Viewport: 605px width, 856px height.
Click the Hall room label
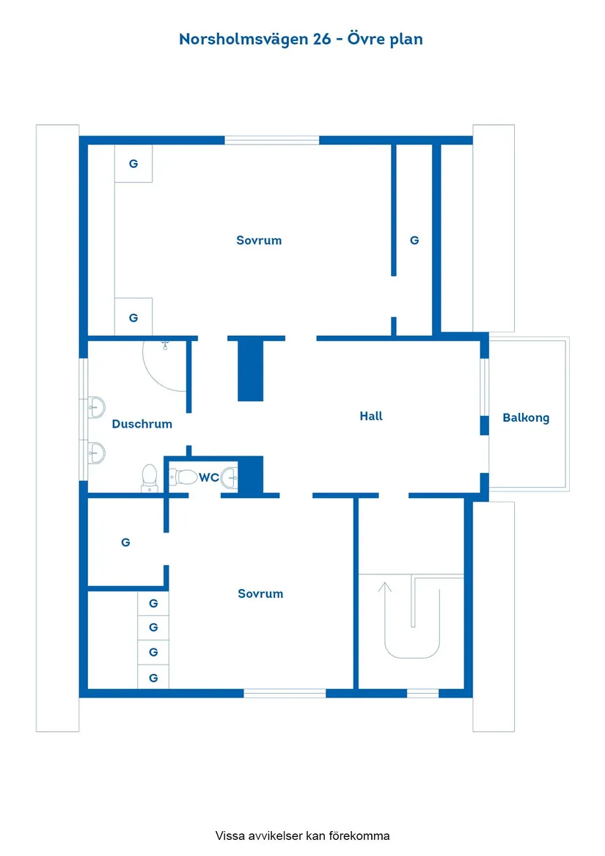371,416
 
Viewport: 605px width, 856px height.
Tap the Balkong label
526,418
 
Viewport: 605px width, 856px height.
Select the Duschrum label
142,424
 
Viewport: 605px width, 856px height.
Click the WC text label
208,478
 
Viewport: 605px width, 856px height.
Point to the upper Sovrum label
259,240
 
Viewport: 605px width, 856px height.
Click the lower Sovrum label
260,593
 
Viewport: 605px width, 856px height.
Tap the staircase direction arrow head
385,586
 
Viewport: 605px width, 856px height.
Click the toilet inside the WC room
183,477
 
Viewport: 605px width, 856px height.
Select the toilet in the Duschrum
149,478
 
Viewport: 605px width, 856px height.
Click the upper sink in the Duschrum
97,407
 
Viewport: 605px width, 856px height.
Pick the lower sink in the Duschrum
97,453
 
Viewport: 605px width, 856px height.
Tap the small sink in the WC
230,478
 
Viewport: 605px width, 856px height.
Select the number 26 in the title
322,40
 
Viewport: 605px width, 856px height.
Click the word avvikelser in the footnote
275,835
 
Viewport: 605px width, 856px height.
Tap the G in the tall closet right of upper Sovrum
414,240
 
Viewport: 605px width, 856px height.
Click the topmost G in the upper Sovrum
133,164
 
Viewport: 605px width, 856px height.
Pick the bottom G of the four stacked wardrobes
153,678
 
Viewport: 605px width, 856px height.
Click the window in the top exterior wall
272,140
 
